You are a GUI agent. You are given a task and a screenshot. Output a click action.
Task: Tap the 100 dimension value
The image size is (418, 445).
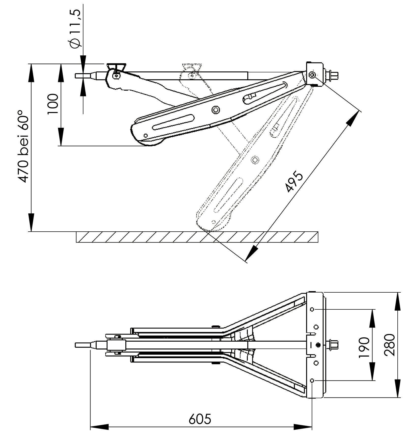(53, 104)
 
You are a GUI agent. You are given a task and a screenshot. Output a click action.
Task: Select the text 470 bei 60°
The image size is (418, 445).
(24, 146)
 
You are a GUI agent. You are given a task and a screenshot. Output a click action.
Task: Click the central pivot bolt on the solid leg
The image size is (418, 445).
(216, 110)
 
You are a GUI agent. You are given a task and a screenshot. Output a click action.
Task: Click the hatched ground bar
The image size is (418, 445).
(197, 237)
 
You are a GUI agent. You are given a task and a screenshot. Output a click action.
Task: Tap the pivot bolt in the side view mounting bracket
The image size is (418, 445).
(312, 75)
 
